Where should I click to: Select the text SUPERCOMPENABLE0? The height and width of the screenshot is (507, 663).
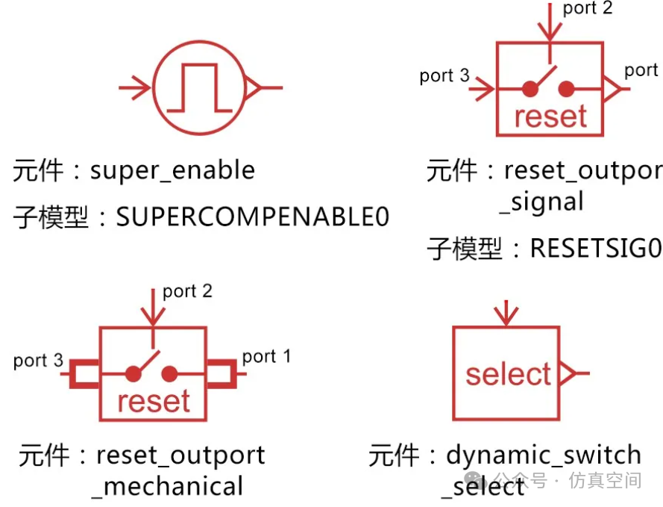[x=253, y=217]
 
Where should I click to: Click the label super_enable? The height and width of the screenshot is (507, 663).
[x=172, y=170]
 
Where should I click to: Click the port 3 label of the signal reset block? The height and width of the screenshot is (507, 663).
[x=444, y=75]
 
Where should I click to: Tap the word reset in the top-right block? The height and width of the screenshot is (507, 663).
[x=551, y=116]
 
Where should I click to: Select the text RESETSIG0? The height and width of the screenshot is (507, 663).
[x=595, y=248]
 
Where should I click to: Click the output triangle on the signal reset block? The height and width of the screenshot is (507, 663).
[x=611, y=90]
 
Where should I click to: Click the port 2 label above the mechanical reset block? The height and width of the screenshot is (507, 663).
[x=187, y=291]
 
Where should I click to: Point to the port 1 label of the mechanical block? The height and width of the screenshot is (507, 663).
[x=266, y=356]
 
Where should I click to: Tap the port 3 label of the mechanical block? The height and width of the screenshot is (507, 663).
[x=38, y=361]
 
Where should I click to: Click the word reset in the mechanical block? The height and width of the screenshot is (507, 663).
[x=154, y=401]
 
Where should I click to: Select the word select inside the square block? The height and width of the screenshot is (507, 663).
[x=508, y=374]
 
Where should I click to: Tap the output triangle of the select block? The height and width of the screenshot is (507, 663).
[x=568, y=372]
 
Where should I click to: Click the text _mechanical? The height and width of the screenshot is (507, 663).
[x=168, y=486]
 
